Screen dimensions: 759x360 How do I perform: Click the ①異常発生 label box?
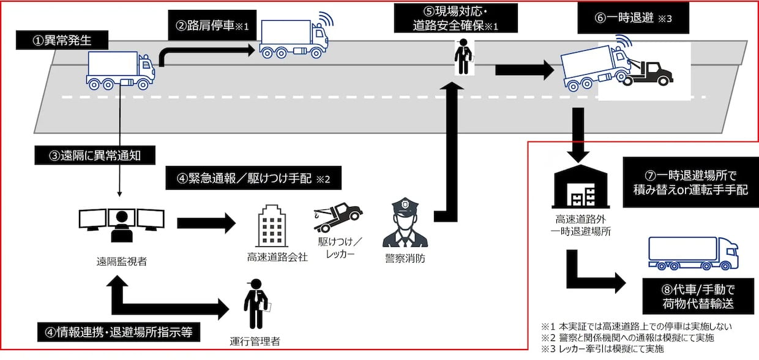pyautogui.click(x=62, y=40)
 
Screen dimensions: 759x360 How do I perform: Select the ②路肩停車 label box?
pyautogui.click(x=212, y=25)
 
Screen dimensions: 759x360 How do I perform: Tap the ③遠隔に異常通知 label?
pyautogui.click(x=95, y=156)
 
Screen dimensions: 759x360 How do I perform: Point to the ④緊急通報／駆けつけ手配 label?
pyautogui.click(x=253, y=178)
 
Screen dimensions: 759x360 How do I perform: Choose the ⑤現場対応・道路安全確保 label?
pyautogui.click(x=456, y=18)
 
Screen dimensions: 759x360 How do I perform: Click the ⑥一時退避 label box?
pyautogui.click(x=634, y=18)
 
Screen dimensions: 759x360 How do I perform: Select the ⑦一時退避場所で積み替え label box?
pyautogui.click(x=690, y=182)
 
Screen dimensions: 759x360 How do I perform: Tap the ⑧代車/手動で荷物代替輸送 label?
pyautogui.click(x=698, y=296)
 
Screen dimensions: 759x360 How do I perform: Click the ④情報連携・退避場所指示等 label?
pyautogui.click(x=119, y=332)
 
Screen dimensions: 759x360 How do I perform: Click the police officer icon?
pyautogui.click(x=405, y=222)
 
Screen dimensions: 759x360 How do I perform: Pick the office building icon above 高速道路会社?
pyautogui.click(x=272, y=226)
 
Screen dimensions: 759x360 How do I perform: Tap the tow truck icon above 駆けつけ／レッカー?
pyautogui.click(x=338, y=216)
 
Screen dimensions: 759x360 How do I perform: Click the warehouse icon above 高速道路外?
pyautogui.click(x=581, y=187)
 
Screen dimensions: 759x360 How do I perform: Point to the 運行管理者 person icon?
pyautogui.click(x=256, y=304)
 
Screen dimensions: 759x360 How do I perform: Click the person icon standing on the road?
pyautogui.click(x=463, y=56)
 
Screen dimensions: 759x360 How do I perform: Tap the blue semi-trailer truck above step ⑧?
pyautogui.click(x=694, y=253)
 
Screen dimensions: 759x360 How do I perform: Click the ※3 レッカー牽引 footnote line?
pyautogui.click(x=602, y=349)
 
